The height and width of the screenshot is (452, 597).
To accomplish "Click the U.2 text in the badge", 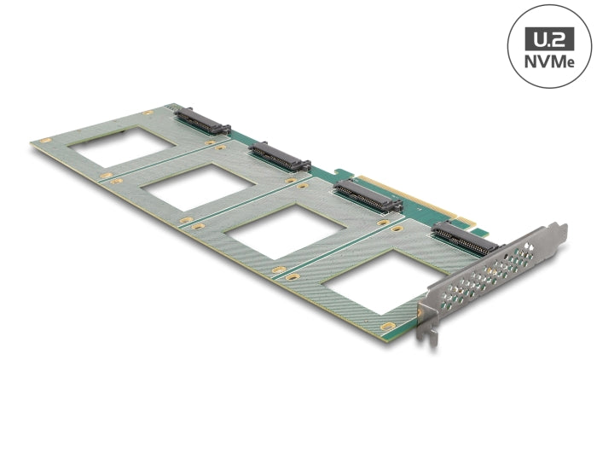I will (548, 38).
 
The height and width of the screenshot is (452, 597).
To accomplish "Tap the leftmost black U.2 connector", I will (203, 122).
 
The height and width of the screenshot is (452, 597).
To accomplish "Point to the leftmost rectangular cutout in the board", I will (126, 148).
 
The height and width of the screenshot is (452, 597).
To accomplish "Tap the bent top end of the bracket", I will (556, 230).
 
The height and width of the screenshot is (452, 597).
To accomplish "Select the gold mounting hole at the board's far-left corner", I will (46, 141).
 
